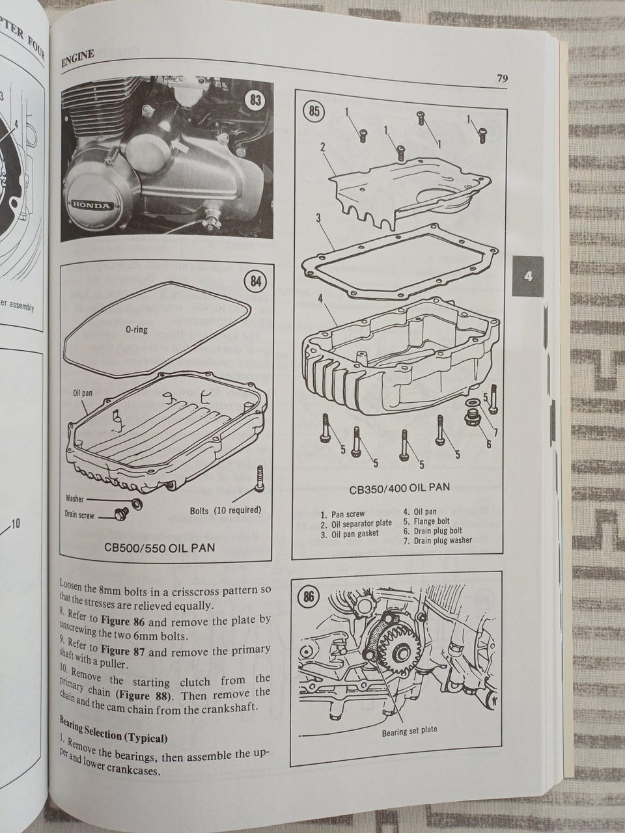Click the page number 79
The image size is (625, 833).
coord(502,79)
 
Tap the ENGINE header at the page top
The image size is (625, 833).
coord(77,59)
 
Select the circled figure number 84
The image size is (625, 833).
coord(255,281)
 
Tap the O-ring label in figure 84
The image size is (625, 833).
coord(137,329)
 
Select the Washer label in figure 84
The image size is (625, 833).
coord(75,498)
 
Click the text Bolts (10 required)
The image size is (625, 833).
coord(225,510)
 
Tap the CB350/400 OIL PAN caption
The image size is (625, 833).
coord(399,487)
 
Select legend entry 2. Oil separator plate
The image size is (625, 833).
coord(356,523)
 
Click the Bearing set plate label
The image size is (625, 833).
coord(409,731)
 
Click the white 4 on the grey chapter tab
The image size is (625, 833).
coord(528,276)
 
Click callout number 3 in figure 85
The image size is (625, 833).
coord(318,218)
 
